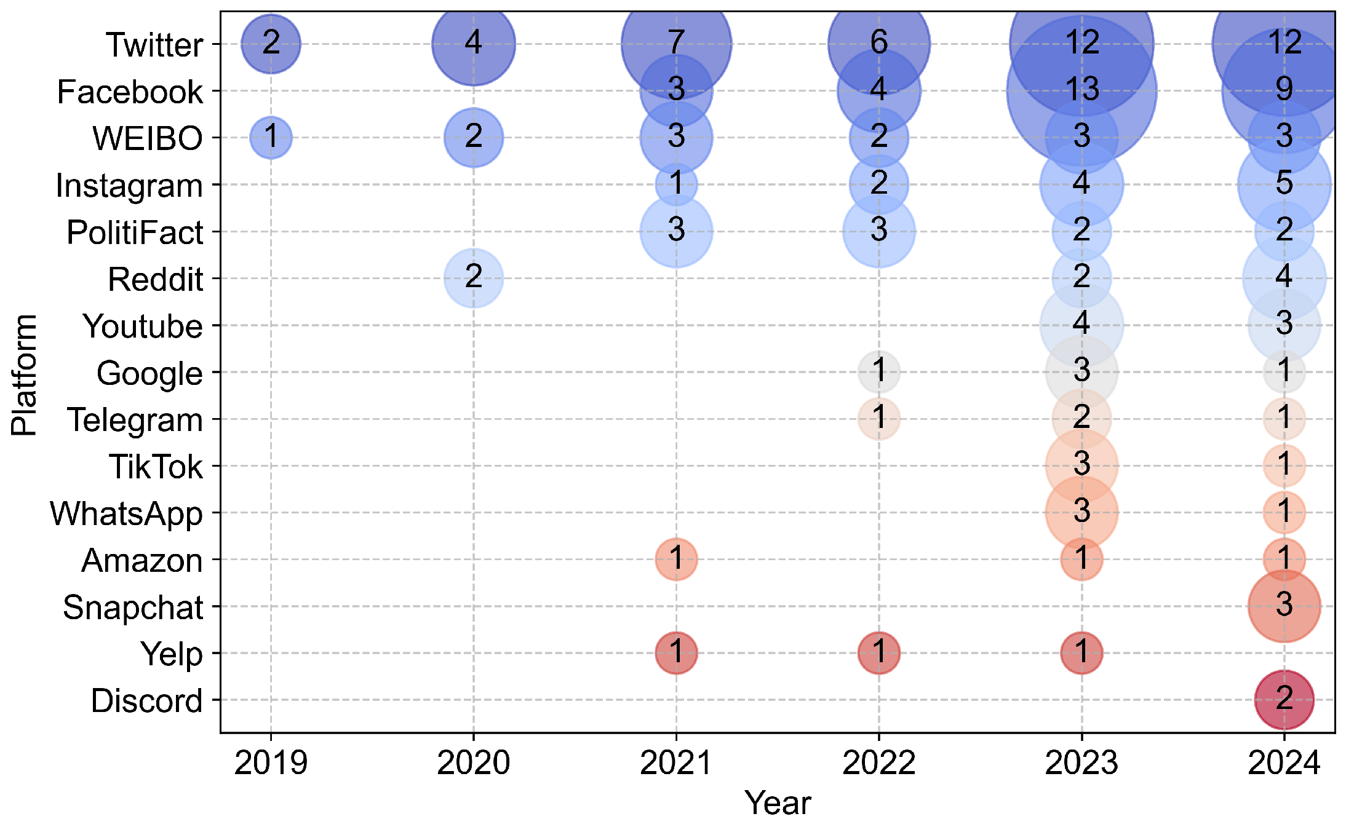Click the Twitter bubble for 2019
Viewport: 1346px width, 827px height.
pyautogui.click(x=271, y=44)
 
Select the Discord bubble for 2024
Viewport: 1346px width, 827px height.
pyautogui.click(x=1284, y=700)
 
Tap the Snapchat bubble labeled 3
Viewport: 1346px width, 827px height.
pyautogui.click(x=1284, y=606)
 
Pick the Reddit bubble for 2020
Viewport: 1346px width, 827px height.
pyautogui.click(x=473, y=279)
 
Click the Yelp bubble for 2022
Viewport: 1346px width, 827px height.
pyautogui.click(x=878, y=653)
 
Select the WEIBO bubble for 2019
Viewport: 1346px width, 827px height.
pyautogui.click(x=271, y=137)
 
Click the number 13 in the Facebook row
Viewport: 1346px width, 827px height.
pyautogui.click(x=1081, y=90)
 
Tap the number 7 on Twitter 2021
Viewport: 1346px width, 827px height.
pyautogui.click(x=676, y=42)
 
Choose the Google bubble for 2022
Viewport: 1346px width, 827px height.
pyautogui.click(x=878, y=372)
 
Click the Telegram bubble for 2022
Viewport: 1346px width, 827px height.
pyautogui.click(x=878, y=419)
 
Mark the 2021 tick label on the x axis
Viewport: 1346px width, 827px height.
pyautogui.click(x=676, y=763)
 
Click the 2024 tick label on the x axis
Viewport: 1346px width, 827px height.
pyautogui.click(x=1284, y=763)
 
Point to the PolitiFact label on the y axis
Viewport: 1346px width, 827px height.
pyautogui.click(x=135, y=232)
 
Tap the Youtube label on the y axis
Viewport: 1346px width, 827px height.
pyautogui.click(x=143, y=326)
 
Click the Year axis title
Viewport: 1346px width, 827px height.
pyautogui.click(x=778, y=803)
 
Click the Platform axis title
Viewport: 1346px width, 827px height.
pyautogui.click(x=25, y=374)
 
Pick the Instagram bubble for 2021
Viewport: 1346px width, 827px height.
pyautogui.click(x=676, y=184)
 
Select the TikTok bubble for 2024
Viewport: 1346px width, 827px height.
pyautogui.click(x=1284, y=465)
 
